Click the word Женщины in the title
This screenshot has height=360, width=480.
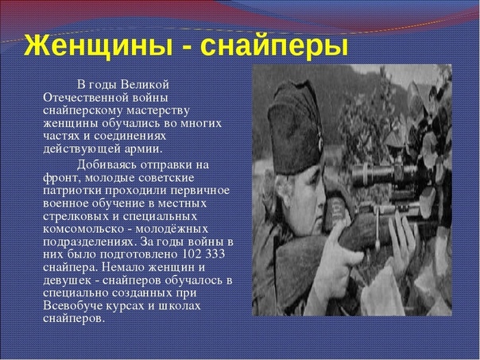[98, 47]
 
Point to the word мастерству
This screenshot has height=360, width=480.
[158, 110]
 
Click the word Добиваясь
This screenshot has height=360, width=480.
[106, 165]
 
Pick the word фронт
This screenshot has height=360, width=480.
[62, 178]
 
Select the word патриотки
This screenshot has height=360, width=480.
[72, 191]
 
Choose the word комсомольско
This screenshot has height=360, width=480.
[83, 230]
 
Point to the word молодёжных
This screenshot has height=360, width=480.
[172, 230]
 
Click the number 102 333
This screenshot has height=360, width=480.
[203, 254]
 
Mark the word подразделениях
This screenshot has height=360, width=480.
[89, 242]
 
